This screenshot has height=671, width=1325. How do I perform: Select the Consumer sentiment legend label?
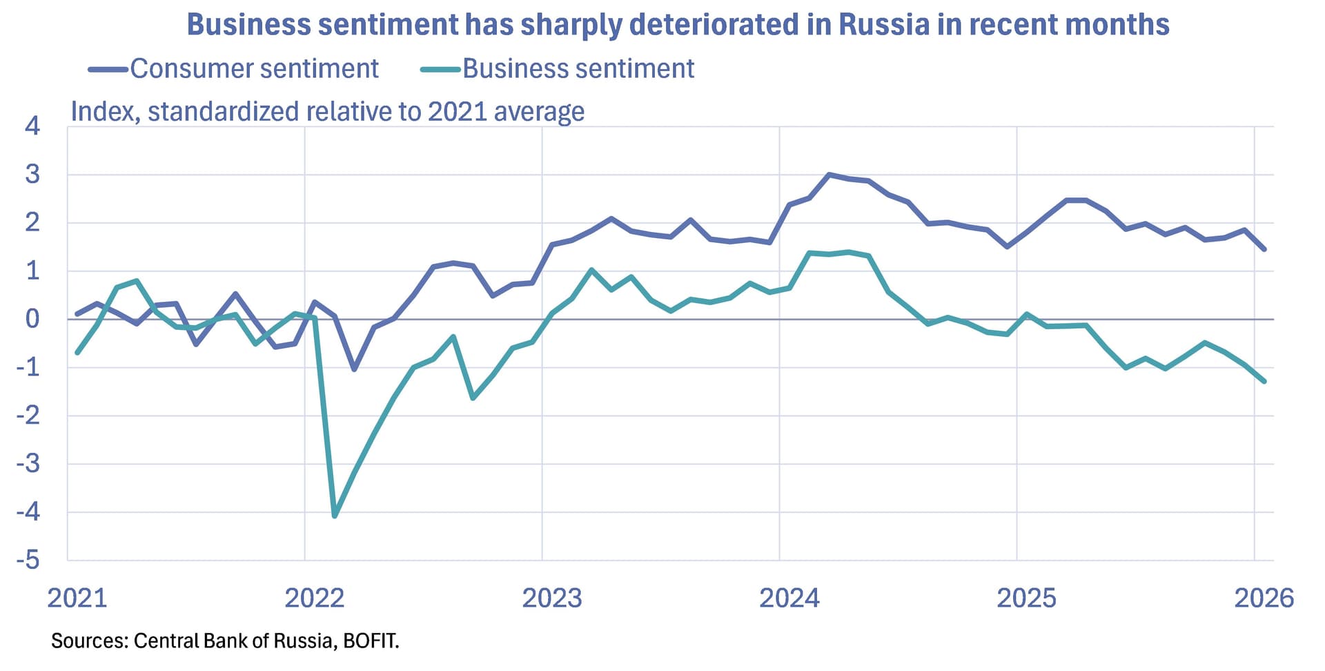pyautogui.click(x=254, y=68)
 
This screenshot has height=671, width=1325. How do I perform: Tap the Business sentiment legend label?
pyautogui.click(x=578, y=68)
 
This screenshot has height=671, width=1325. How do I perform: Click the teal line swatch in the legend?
pyautogui.click(x=440, y=69)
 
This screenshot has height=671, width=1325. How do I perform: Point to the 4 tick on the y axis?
pyautogui.click(x=32, y=126)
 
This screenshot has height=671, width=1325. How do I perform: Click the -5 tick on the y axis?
pyautogui.click(x=28, y=560)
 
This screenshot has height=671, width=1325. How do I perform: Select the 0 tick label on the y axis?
pyautogui.click(x=32, y=319)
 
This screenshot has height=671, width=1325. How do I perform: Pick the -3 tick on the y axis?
pyautogui.click(x=28, y=464)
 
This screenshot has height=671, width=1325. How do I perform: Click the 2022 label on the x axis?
pyautogui.click(x=314, y=598)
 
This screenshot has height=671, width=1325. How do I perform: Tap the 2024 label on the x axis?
pyautogui.click(x=789, y=598)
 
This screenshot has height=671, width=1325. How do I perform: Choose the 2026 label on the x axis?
pyautogui.click(x=1264, y=598)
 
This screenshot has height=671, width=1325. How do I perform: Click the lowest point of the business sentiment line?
pyautogui.click(x=335, y=516)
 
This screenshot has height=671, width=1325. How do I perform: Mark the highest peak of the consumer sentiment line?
pyautogui.click(x=829, y=175)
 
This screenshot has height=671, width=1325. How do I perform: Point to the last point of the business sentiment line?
pyautogui.click(x=1264, y=381)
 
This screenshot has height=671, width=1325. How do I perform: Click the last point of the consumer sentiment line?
pyautogui.click(x=1264, y=249)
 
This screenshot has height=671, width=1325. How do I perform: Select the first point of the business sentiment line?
pyautogui.click(x=77, y=353)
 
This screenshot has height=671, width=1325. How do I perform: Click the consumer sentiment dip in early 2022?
pyautogui.click(x=354, y=369)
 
